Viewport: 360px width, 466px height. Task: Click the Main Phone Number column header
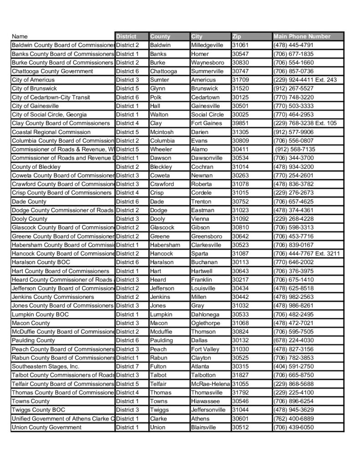[302, 36]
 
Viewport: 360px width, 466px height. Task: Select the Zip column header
[237, 36]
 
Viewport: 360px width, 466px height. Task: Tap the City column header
[197, 36]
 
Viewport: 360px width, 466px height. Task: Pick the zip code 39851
[240, 123]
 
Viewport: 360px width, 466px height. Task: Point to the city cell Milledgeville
[207, 45]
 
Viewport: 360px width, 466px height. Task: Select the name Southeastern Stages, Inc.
[46, 366]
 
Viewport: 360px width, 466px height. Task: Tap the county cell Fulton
[158, 366]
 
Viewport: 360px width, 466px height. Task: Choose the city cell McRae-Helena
[210, 384]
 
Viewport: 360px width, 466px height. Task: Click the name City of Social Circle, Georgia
[49, 115]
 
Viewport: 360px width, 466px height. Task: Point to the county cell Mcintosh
[162, 132]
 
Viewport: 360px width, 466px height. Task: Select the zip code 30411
[240, 149]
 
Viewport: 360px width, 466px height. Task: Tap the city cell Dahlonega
[205, 314]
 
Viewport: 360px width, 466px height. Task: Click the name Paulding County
[33, 340]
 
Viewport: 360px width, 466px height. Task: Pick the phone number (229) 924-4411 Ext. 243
[305, 80]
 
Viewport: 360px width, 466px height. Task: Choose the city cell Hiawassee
[205, 401]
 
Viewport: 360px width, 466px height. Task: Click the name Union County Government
[47, 427]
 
